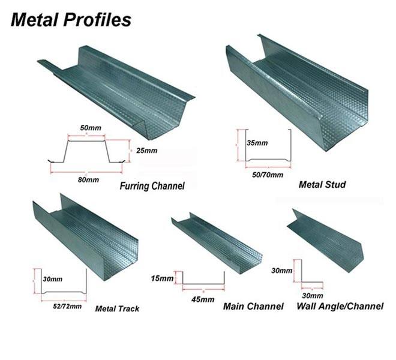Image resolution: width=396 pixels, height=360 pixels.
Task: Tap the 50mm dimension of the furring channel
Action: pyautogui.click(x=88, y=128)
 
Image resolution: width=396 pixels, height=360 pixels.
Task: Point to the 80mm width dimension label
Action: pyautogui.click(x=88, y=179)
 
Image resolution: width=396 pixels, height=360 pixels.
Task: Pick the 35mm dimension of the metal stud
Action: pyautogui.click(x=257, y=143)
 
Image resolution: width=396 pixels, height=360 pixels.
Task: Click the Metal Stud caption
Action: pyautogui.click(x=322, y=184)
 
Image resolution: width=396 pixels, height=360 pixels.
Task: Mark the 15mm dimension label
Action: pyautogui.click(x=163, y=279)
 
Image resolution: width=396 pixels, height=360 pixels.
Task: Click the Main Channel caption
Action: pyautogui.click(x=253, y=307)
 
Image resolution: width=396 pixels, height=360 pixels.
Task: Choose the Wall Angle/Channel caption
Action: pyautogui.click(x=340, y=307)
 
